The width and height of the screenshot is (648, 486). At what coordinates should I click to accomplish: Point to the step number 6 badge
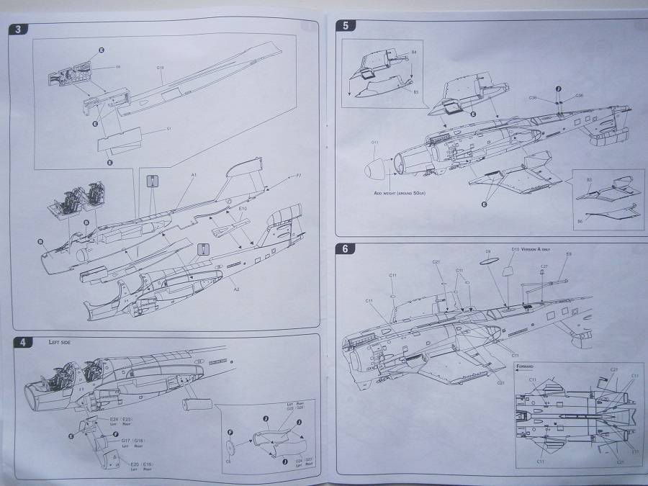pos(346,250)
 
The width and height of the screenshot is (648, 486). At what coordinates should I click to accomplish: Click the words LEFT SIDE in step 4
pos(60,343)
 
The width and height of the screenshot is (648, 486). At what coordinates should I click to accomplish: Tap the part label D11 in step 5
pos(374,142)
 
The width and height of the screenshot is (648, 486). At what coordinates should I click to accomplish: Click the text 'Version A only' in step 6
pos(536,249)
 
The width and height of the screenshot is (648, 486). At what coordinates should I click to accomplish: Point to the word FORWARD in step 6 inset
pos(527,365)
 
